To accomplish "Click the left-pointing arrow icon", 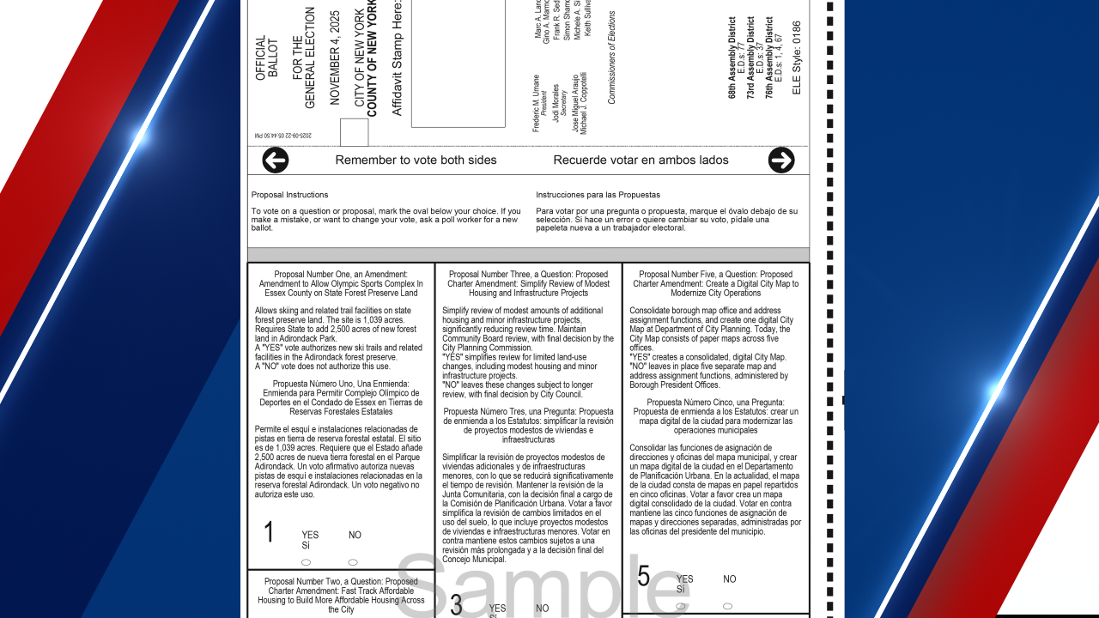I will [275, 161].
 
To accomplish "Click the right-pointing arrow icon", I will [781, 161].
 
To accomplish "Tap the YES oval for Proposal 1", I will [307, 562].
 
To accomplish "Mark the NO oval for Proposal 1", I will [353, 562].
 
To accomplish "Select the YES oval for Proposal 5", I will [681, 606].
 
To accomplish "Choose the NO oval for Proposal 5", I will [728, 606].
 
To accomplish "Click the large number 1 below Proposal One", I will [269, 533].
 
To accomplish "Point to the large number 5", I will [644, 576].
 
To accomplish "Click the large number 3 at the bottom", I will [456, 605].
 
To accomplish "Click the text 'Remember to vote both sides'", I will [416, 161].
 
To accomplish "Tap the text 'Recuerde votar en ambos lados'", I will [641, 161].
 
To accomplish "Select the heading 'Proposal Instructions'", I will [289, 195].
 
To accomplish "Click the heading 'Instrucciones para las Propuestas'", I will [598, 195].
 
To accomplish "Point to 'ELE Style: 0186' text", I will [797, 58].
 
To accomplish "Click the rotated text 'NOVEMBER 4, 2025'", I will [335, 58].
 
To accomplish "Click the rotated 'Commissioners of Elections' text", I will [612, 58].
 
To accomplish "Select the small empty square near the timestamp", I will [354, 133].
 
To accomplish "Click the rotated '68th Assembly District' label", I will [732, 58].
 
